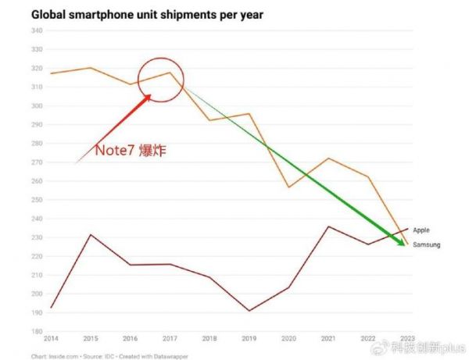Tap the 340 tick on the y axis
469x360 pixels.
36,30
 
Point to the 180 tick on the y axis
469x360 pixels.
36,331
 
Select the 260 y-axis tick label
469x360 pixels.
36,181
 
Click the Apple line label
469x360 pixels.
421,230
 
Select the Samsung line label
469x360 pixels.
427,245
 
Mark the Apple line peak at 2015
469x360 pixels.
91,234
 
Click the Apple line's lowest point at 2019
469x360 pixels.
250,311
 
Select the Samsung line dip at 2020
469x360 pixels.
289,187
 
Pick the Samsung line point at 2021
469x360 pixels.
329,159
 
